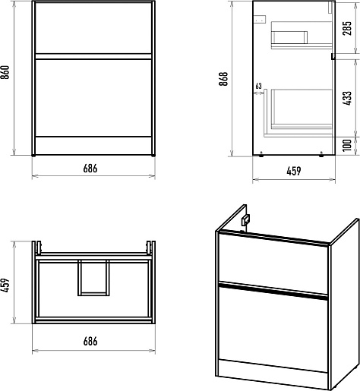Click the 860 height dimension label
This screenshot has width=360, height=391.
click(5, 72)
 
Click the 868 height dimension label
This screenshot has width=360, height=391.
click(223, 79)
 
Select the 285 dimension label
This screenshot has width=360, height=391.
click(347, 28)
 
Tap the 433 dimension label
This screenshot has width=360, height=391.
click(347, 99)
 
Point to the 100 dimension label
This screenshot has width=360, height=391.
click(347, 146)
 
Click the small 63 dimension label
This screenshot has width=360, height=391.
click(258, 86)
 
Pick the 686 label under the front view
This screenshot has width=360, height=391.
click(90, 169)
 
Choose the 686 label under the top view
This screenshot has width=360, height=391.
click(90, 342)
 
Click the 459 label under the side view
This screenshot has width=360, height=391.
click(294, 171)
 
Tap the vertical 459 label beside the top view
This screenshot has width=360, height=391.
click(5, 285)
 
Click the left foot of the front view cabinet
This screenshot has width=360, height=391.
click(33, 156)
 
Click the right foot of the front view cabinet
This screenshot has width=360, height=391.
click(153, 156)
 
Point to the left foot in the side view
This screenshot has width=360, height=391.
click(261, 154)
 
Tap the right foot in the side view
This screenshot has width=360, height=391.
click(321, 154)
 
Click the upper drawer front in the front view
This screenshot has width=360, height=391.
click(93, 28)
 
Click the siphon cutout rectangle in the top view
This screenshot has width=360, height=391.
click(93, 278)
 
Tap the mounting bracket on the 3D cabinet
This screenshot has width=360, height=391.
click(245, 220)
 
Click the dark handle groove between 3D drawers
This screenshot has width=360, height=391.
click(273, 292)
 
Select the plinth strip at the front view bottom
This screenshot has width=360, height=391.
click(93, 146)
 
